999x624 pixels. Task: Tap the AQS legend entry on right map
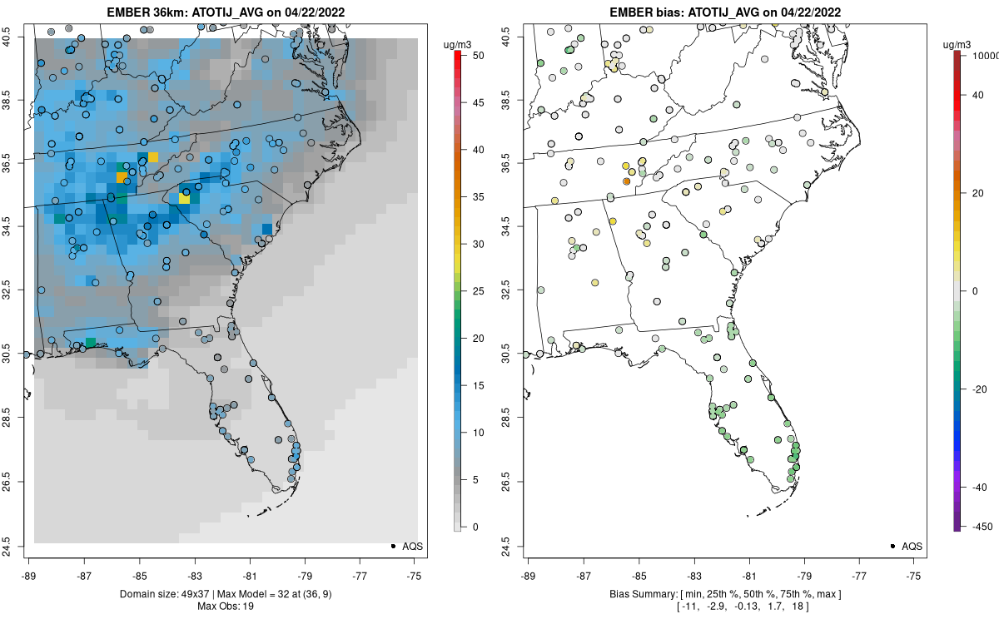(902, 546)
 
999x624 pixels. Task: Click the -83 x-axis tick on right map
(694, 574)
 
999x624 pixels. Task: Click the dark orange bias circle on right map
(627, 181)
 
